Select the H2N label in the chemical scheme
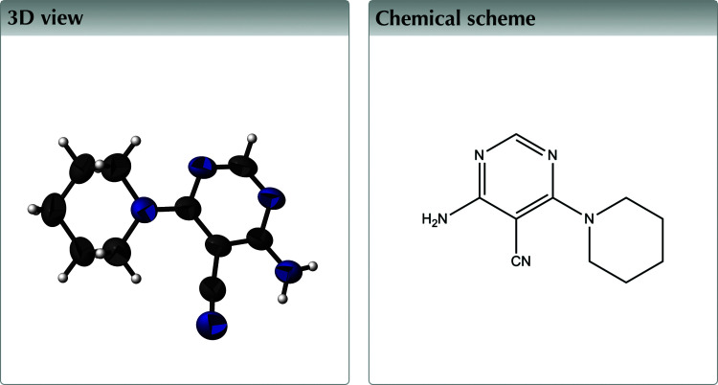tap(435, 220)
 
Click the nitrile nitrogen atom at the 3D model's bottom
tap(212, 324)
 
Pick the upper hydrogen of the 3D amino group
tap(313, 265)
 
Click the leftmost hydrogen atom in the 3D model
tap(34, 207)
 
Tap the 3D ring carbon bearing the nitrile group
tap(222, 251)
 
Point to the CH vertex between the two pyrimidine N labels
tap(517, 135)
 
